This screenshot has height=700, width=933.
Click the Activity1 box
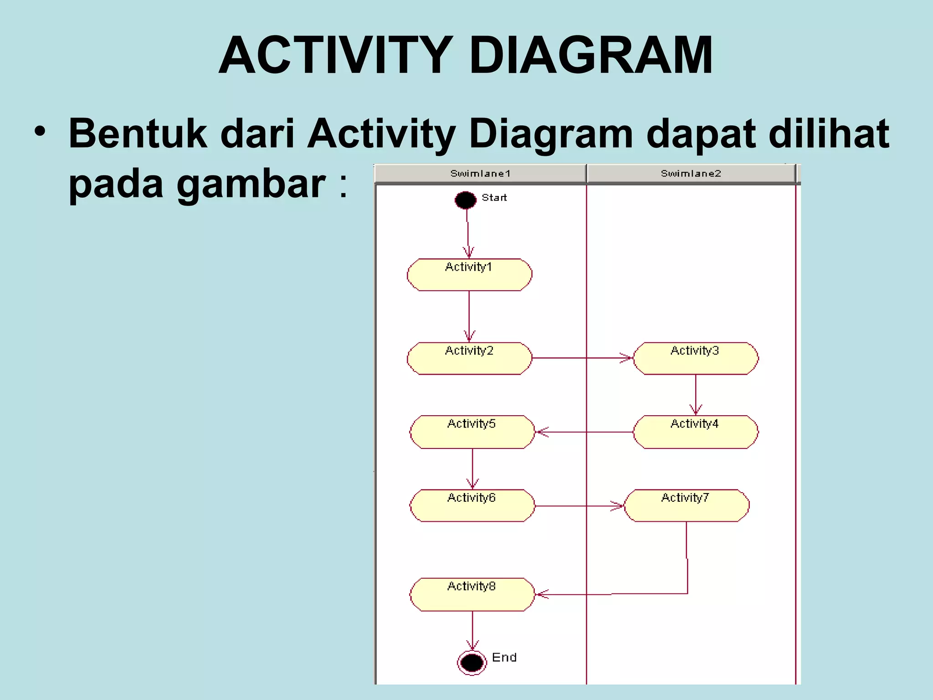tap(469, 275)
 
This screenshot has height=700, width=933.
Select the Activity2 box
tap(469, 359)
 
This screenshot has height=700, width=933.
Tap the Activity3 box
tap(696, 359)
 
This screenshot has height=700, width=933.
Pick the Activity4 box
tap(696, 432)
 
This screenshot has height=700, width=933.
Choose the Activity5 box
tap(472, 432)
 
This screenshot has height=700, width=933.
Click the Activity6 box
tap(472, 506)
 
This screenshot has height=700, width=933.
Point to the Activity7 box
tap(686, 506)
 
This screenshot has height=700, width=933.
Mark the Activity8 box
tap(472, 595)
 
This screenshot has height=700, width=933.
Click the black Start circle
tap(465, 200)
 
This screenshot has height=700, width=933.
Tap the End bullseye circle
tap(472, 663)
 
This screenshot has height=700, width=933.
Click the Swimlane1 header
tap(480, 174)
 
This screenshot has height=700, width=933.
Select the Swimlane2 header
tap(691, 174)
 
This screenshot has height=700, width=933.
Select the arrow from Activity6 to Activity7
tap(579, 506)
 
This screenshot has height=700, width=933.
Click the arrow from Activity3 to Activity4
tap(696, 395)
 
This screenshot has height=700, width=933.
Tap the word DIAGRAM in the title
tap(590, 56)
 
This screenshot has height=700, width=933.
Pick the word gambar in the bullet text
tap(251, 184)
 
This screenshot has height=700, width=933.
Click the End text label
tap(504, 658)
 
